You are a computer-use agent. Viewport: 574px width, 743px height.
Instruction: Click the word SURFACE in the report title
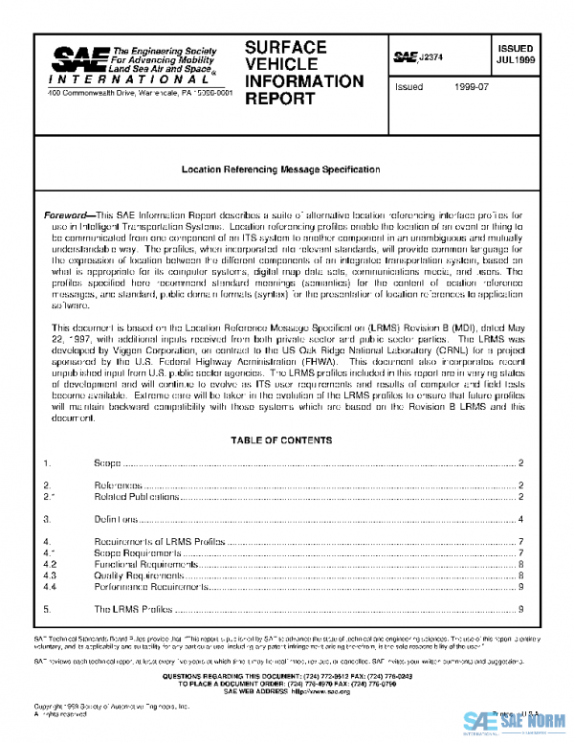pos(286,47)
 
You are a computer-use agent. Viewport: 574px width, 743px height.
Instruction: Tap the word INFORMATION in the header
pos(304,80)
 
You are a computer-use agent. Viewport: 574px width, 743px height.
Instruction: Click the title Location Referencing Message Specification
pos(281,169)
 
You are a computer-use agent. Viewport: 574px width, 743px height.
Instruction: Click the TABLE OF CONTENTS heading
pos(281,440)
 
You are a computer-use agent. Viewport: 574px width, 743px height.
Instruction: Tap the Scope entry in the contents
pos(107,463)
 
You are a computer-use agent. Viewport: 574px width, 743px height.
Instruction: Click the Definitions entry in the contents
pos(116,519)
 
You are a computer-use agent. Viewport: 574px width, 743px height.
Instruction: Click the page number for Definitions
pos(519,519)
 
